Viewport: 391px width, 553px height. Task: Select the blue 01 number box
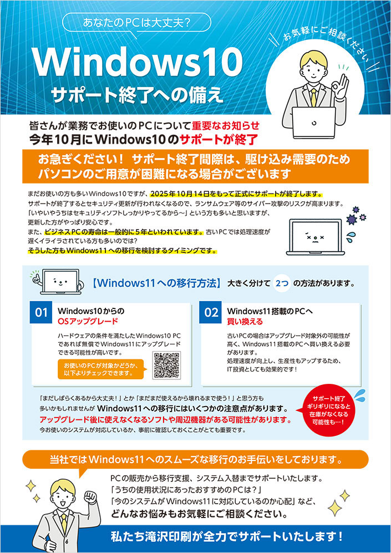point(42,312)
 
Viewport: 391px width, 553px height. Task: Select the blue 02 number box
point(211,312)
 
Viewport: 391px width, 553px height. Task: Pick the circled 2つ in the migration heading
point(281,283)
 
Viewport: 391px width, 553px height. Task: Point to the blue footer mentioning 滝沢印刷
point(195,537)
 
